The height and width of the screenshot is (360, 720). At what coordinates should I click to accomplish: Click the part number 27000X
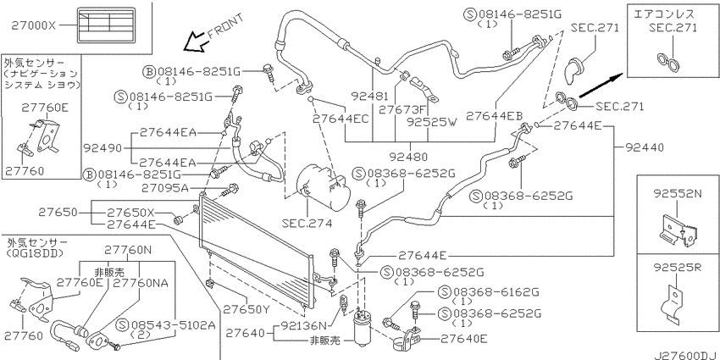(x=32, y=26)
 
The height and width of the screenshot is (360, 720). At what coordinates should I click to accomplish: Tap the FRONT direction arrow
(x=193, y=42)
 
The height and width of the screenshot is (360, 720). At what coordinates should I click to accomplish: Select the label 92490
(x=102, y=148)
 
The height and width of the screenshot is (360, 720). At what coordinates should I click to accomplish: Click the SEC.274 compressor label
(x=307, y=224)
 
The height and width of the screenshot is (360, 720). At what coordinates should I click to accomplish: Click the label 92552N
(x=678, y=194)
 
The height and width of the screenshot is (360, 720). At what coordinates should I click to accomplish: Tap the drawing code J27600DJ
(x=686, y=356)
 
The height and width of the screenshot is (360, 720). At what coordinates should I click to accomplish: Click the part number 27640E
(x=464, y=340)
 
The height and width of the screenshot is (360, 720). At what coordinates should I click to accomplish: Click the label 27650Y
(x=246, y=309)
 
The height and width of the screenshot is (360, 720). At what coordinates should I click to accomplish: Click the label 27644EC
(x=341, y=119)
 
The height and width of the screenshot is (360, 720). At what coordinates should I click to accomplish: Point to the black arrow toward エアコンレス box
(x=601, y=86)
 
